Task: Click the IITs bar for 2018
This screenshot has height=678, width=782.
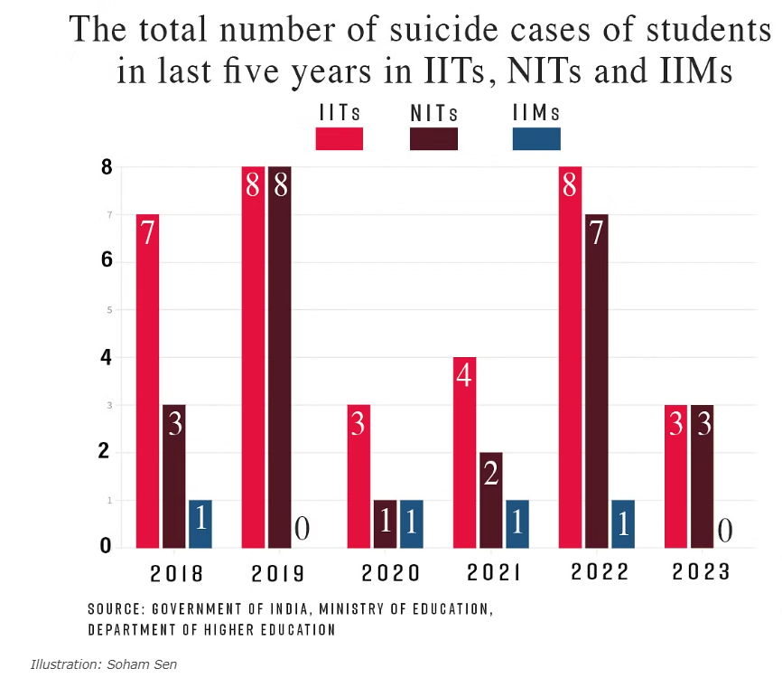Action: [147, 380]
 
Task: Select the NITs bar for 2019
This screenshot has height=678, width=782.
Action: [279, 357]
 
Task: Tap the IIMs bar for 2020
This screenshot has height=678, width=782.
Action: [411, 523]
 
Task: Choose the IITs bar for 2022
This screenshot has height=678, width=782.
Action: [570, 357]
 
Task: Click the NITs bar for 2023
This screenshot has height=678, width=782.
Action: [702, 476]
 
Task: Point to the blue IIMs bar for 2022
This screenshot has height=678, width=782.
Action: [622, 523]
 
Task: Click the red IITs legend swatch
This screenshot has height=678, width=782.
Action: [339, 138]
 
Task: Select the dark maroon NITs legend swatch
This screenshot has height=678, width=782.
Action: [433, 138]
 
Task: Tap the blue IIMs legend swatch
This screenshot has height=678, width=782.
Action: [536, 138]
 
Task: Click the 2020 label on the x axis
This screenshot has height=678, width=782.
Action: [391, 573]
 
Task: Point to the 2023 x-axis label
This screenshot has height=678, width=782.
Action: [702, 573]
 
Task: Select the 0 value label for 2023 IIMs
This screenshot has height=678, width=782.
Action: [725, 531]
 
